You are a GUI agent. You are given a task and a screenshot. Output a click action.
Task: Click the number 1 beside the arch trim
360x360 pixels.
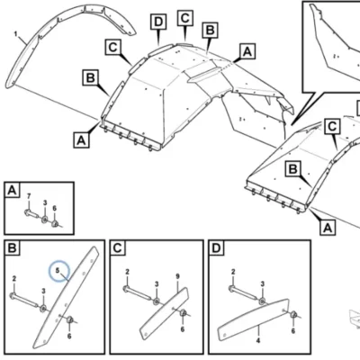15,34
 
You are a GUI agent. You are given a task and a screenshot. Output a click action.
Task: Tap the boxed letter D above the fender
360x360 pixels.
158,22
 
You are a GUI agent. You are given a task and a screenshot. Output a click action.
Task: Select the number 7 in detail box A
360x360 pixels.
29,196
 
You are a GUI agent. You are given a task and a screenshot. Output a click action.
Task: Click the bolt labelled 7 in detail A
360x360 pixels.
31,214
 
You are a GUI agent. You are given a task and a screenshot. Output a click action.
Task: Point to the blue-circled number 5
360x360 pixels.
58,270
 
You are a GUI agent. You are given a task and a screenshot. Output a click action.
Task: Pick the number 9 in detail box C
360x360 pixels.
177,276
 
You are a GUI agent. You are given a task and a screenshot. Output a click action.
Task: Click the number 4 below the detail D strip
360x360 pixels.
258,340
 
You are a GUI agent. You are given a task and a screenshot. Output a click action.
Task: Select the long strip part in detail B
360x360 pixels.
66,298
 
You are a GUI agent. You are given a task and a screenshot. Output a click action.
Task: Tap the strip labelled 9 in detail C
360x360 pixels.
165,313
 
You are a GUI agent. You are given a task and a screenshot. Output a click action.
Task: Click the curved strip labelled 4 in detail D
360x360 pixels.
253,319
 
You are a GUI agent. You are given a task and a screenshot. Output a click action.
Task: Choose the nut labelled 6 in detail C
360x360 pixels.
184,313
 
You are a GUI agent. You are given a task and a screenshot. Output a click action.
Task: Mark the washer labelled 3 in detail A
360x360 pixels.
45,220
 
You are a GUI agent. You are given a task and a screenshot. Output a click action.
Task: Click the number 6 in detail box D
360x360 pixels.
292,330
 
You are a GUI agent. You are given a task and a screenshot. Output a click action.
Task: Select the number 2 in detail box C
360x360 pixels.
127,272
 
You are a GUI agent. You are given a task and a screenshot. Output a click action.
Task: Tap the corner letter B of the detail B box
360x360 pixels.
13,248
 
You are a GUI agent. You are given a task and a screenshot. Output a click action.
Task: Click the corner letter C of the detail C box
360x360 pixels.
118,248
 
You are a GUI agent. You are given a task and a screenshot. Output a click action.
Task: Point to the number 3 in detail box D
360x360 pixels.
263,284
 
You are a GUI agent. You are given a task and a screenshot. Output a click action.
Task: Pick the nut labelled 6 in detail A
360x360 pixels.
55,223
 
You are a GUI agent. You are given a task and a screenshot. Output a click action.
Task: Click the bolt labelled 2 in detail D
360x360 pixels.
242,293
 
